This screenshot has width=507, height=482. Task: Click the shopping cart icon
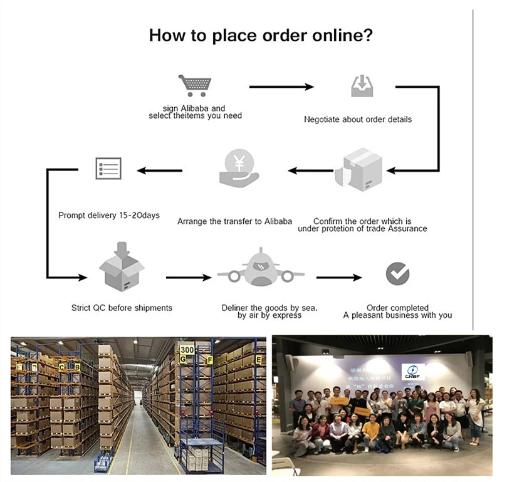[x=194, y=85]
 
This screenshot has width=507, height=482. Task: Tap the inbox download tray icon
[x=362, y=86]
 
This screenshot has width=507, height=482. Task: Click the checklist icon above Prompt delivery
[x=108, y=169]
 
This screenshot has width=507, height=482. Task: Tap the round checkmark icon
[x=397, y=273]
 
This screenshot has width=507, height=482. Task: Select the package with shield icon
[x=358, y=170]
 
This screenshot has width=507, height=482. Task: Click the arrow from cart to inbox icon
[x=281, y=86]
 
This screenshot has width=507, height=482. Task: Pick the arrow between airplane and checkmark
[x=339, y=277]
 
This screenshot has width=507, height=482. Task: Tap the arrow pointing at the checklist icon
[x=160, y=170]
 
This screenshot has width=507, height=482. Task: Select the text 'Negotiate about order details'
[x=358, y=119]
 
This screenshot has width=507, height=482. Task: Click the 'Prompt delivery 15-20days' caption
[x=109, y=215]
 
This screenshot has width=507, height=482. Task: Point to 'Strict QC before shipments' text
[x=122, y=308]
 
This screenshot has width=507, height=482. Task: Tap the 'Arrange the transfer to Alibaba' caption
[x=234, y=221]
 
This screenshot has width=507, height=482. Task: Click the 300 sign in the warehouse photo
[x=187, y=349]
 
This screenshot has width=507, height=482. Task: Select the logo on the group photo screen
[x=413, y=372]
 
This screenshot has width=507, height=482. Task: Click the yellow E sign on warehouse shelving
[x=259, y=360]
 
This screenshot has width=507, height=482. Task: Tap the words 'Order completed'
[x=397, y=308]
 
